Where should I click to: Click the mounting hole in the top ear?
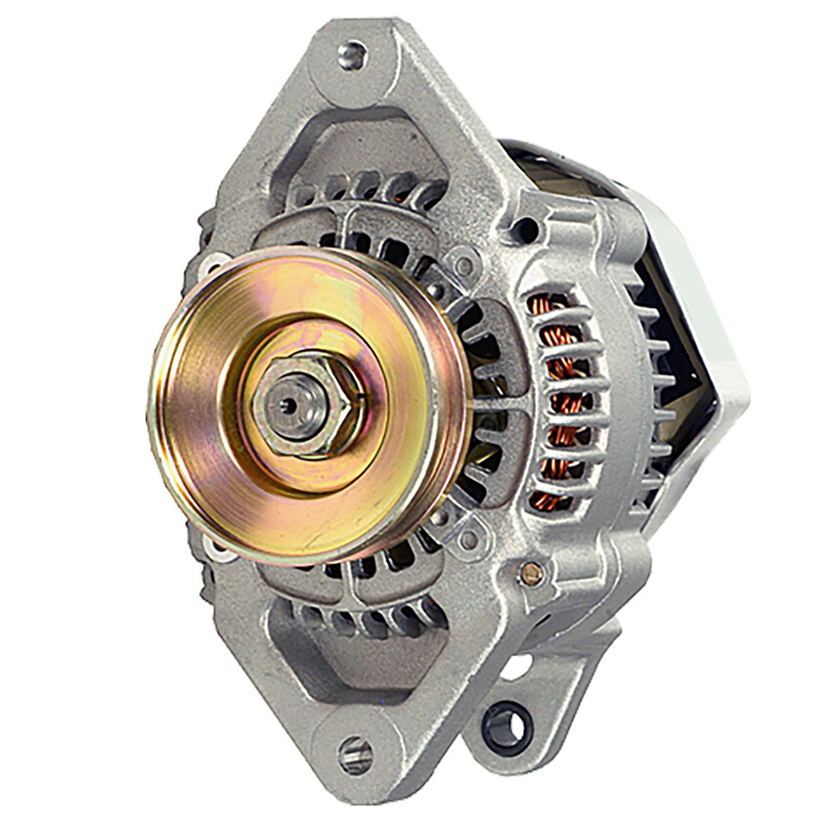tap(353, 55)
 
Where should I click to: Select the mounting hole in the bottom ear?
tap(356, 755)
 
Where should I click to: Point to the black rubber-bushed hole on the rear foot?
tap(507, 727)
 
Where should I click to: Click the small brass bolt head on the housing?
tap(531, 574)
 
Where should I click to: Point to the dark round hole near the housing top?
tap(526, 231)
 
